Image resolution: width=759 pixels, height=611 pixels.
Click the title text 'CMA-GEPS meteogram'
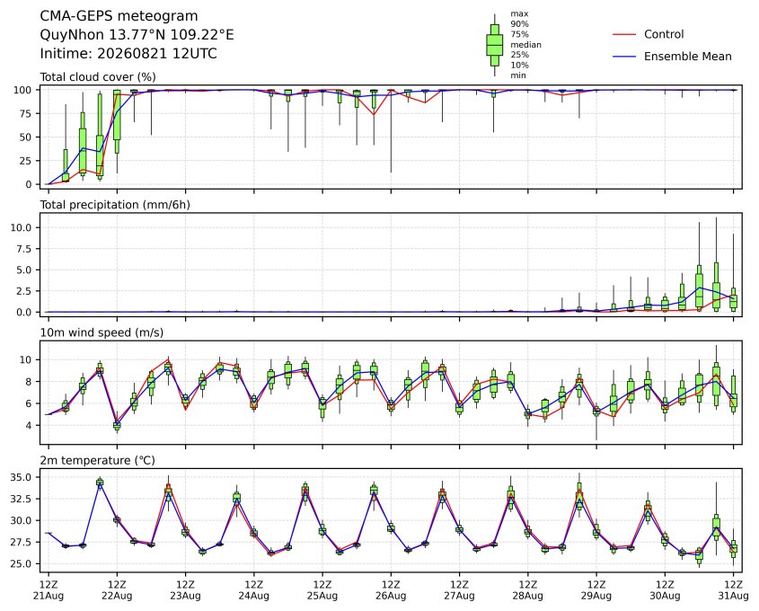click(x=119, y=16)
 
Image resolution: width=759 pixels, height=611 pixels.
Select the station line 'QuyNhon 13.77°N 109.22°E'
click(x=137, y=35)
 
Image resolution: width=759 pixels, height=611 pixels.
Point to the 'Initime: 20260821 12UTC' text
click(x=128, y=53)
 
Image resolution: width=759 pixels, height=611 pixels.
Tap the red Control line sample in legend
click(x=624, y=34)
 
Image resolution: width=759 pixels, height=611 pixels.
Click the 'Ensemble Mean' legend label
click(x=687, y=57)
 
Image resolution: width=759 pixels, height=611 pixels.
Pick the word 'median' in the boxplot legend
click(x=525, y=45)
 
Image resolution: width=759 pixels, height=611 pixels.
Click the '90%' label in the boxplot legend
click(x=519, y=23)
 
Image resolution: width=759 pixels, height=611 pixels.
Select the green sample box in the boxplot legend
click(x=494, y=45)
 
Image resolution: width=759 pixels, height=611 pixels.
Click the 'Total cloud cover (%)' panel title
click(x=98, y=77)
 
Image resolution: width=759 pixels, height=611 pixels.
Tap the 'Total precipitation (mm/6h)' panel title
click(x=115, y=205)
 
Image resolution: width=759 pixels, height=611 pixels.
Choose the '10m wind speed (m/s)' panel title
click(x=101, y=332)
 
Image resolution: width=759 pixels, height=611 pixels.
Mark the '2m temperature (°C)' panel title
click(x=97, y=460)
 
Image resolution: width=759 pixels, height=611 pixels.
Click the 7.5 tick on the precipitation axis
click(x=24, y=249)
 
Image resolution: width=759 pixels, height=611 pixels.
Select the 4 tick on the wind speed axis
click(x=30, y=425)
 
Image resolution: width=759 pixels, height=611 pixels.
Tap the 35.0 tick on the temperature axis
click(x=22, y=477)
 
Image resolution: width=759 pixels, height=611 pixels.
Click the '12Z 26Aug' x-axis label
click(x=391, y=590)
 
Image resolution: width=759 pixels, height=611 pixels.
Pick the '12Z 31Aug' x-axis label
click(x=733, y=590)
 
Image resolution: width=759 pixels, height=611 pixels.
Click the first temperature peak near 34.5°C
click(x=100, y=482)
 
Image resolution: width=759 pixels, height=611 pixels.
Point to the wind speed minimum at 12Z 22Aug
click(x=117, y=426)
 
